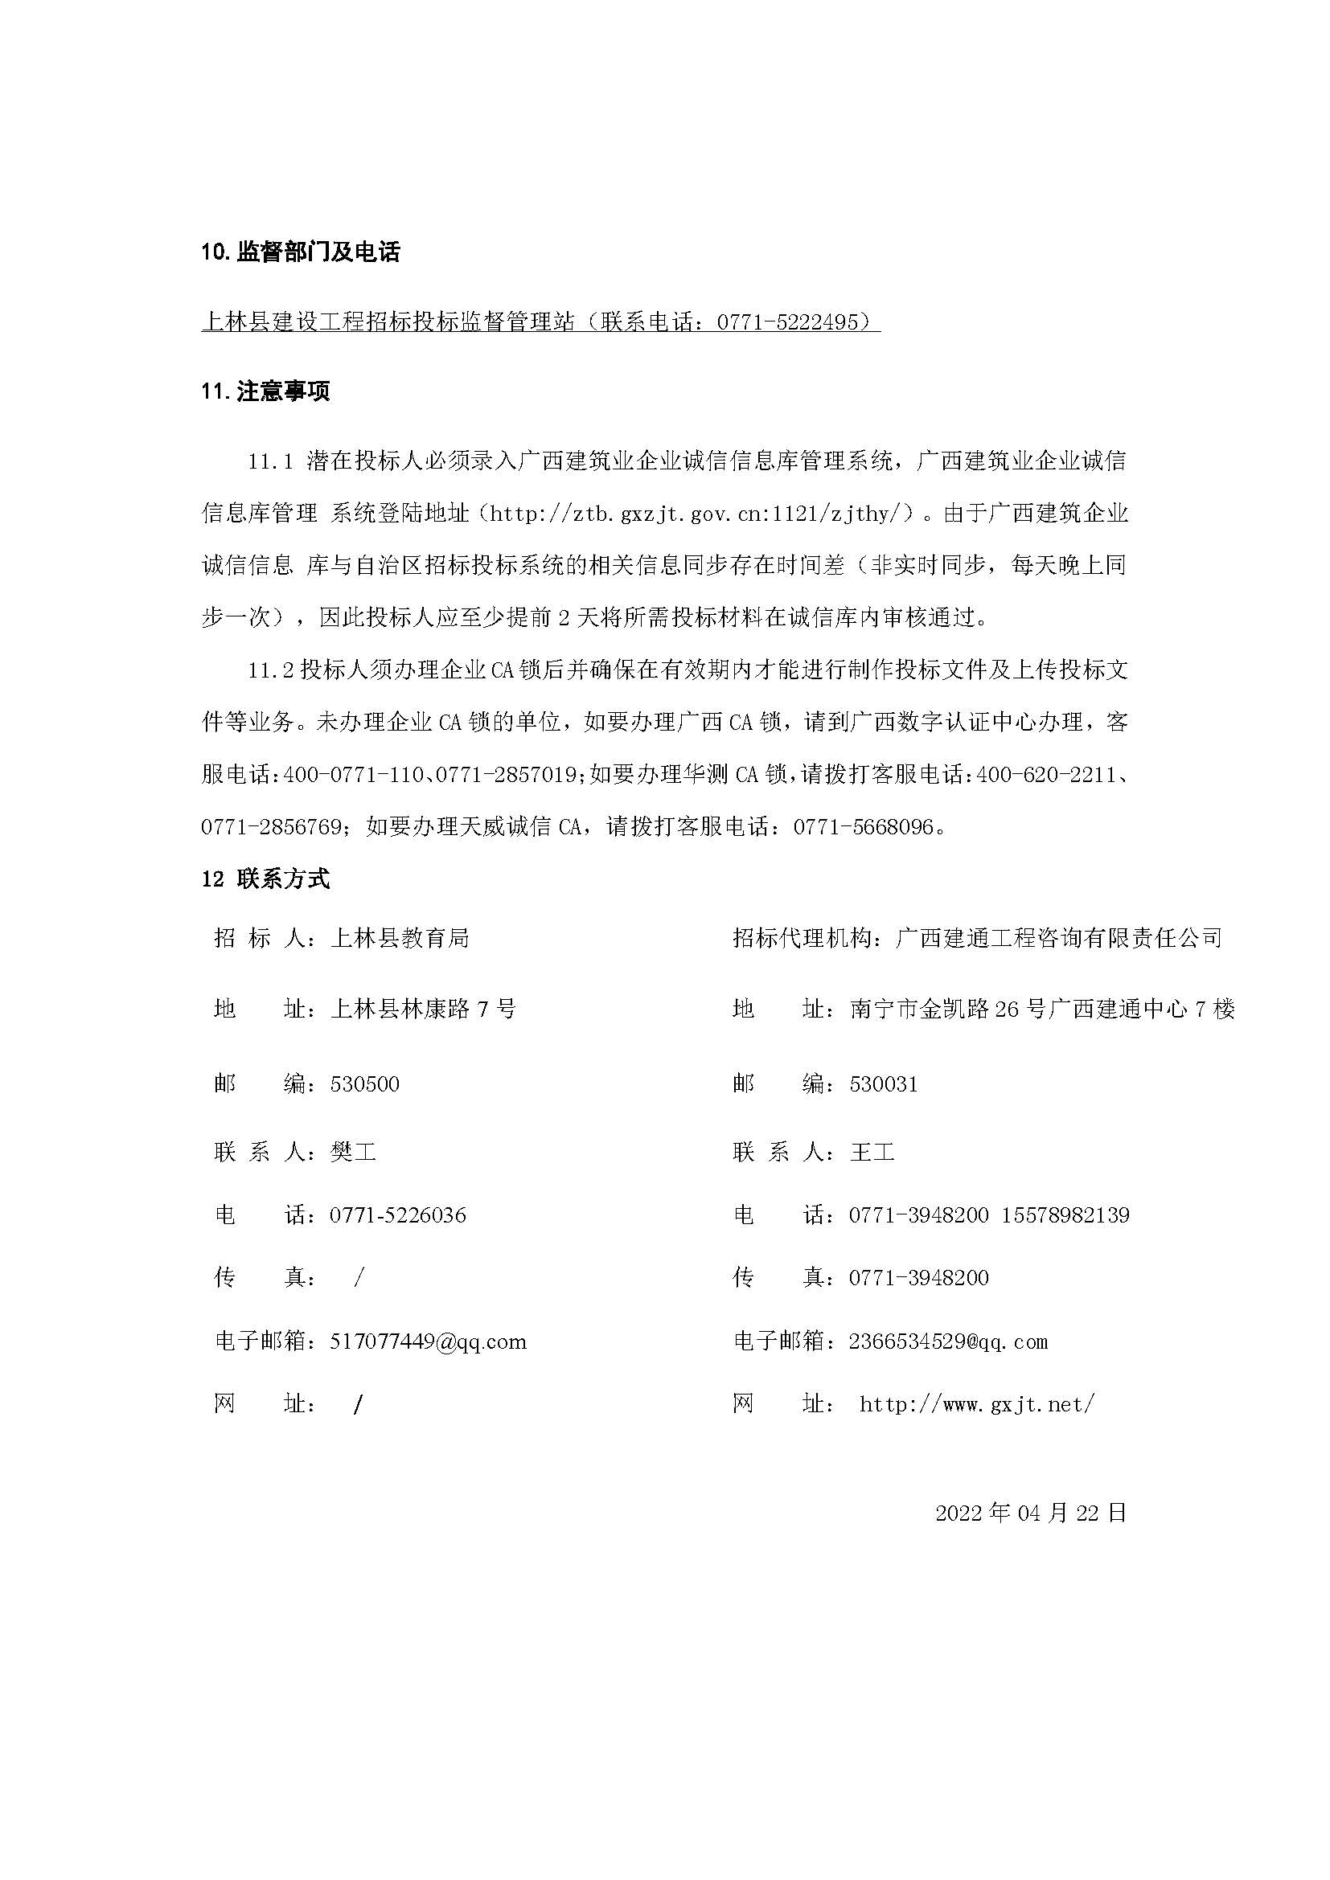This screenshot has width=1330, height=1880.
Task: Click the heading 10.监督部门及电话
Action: [301, 252]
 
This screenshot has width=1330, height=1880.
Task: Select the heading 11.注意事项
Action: [265, 391]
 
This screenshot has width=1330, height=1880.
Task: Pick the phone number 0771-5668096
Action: [863, 827]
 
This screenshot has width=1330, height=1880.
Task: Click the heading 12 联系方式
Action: [265, 879]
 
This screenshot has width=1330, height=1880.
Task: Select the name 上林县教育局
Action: [399, 938]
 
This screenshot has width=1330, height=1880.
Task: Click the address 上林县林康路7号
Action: [423, 1009]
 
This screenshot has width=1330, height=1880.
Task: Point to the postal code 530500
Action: [364, 1084]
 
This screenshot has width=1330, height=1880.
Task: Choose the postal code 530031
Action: [884, 1084]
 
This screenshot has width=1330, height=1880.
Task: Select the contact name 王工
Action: [872, 1153]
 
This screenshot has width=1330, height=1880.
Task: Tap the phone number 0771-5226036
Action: [398, 1215]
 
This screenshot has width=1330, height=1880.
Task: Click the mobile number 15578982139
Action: [1065, 1215]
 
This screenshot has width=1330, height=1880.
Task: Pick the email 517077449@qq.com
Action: [428, 1341]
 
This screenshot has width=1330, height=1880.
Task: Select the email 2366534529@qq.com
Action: [948, 1341]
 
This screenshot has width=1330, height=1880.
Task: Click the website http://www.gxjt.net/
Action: [977, 1404]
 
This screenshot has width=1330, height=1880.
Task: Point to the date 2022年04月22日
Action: [1031, 1513]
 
